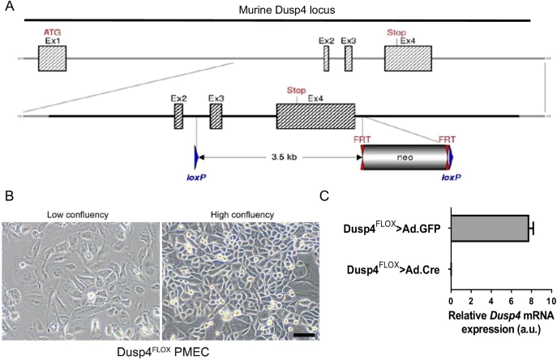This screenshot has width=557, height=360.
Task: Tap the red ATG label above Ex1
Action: point(53,32)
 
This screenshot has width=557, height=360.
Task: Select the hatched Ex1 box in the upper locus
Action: point(52,58)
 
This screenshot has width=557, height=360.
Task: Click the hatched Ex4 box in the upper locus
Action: point(402,58)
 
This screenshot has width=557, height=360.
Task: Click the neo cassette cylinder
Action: point(405,157)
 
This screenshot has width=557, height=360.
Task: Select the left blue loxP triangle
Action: point(195,156)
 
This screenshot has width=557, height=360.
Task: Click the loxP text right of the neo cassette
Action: point(451,175)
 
